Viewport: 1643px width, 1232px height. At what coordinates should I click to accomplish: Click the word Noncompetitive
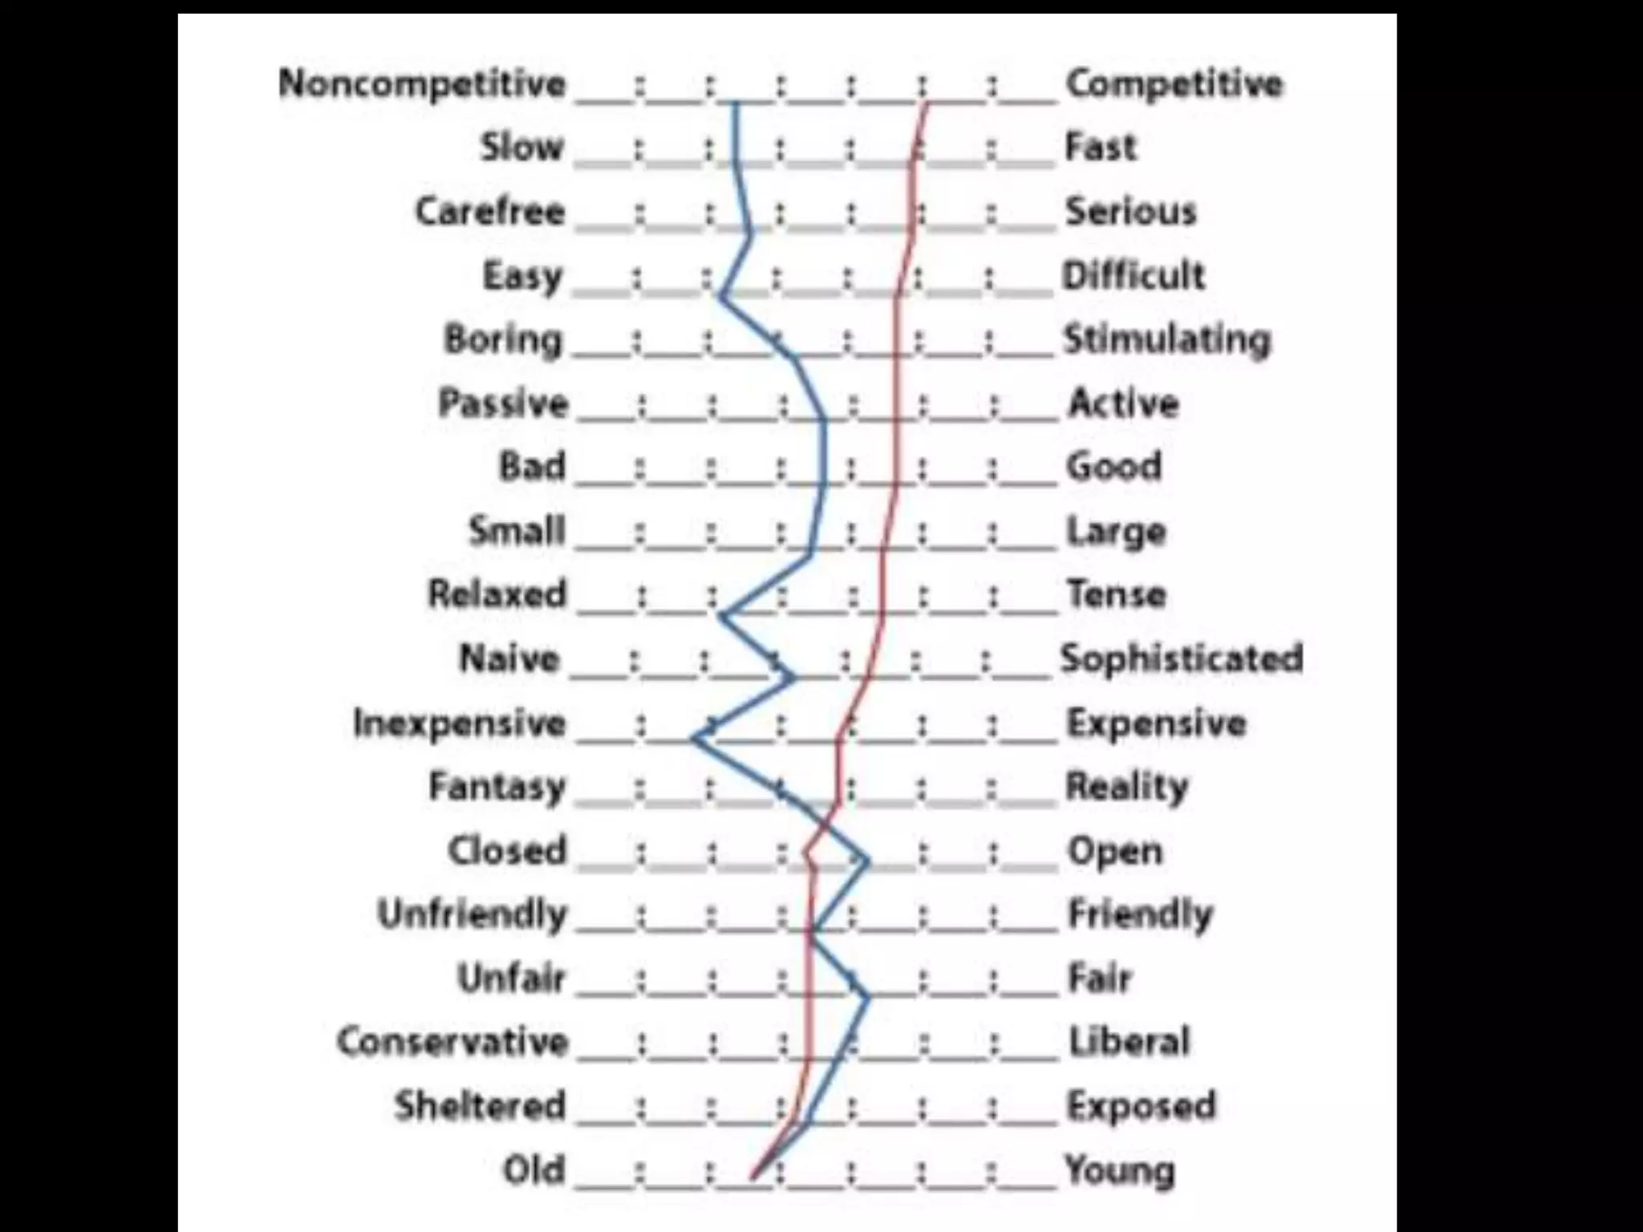422,83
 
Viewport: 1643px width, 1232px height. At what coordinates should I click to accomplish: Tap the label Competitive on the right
1174,83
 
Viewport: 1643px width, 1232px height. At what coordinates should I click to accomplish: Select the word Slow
521,148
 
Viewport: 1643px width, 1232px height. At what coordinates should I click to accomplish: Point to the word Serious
1130,212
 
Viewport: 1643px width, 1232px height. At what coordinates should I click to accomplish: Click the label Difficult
1134,276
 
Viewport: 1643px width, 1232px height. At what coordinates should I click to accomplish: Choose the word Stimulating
1167,340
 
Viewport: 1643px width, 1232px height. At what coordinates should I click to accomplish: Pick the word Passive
503,403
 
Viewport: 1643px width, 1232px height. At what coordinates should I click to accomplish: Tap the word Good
1114,466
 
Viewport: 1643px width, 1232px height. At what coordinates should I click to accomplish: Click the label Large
1116,531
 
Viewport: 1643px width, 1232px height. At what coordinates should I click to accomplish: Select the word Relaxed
497,594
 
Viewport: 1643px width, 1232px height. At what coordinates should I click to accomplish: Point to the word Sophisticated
1181,659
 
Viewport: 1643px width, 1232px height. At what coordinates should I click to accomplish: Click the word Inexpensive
460,723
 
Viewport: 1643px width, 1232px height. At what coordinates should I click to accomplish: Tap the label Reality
1126,787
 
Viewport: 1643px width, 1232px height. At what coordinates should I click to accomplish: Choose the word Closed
507,851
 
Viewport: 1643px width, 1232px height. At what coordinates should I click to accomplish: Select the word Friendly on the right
1140,914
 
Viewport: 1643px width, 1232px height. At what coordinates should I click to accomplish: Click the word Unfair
512,979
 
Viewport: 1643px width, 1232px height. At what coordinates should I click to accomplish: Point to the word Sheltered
480,1106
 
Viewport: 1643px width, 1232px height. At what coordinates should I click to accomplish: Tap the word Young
1120,1170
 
